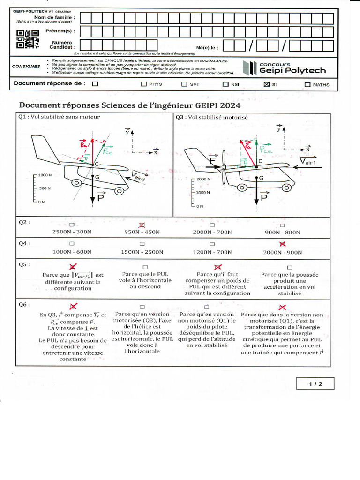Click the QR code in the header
[27, 39]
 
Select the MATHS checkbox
[307, 85]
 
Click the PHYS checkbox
[144, 85]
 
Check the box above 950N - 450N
[142, 225]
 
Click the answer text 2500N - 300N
[72, 232]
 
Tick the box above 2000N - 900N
[282, 244]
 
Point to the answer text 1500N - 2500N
[142, 252]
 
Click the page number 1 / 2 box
[315, 384]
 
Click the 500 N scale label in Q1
[45, 188]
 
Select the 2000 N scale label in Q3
[204, 180]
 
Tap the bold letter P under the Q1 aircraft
[100, 199]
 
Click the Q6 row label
[24, 304]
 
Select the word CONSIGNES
[26, 66]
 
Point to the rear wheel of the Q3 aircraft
[243, 187]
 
